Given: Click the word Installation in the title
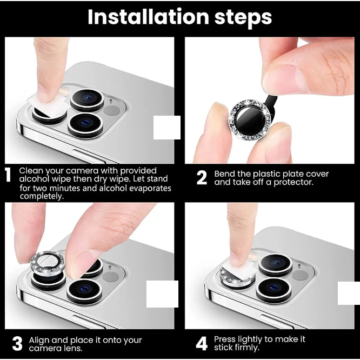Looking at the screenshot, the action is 148,17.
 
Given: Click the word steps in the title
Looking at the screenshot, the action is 243,17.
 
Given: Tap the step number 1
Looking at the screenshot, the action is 8,175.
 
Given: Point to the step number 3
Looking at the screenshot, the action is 17,344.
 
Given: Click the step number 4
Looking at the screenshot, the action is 202,344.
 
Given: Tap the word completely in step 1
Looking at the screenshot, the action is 41,196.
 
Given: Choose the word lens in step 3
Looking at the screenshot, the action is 72,348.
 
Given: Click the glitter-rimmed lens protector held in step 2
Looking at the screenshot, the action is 250,119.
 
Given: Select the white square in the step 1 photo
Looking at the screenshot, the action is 167,128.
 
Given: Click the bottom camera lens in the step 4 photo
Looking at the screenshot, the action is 274,288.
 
